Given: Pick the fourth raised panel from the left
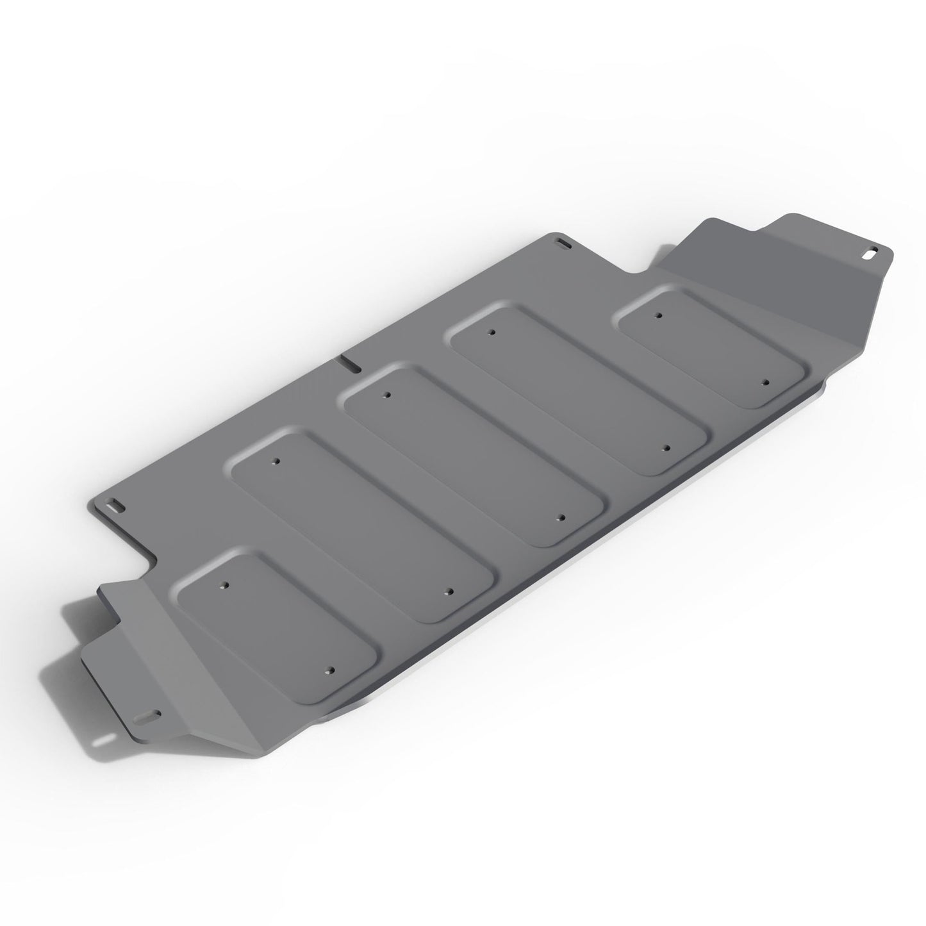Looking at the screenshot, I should [x=580, y=390].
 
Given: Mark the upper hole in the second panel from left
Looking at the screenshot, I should [x=276, y=461].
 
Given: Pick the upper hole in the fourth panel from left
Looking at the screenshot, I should [x=491, y=333].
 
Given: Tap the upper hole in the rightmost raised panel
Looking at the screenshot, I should [x=657, y=315].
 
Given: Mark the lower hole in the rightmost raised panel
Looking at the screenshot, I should [x=765, y=382].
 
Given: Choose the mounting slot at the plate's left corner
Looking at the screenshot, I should [x=117, y=504].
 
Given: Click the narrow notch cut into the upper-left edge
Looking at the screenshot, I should [x=349, y=362].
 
